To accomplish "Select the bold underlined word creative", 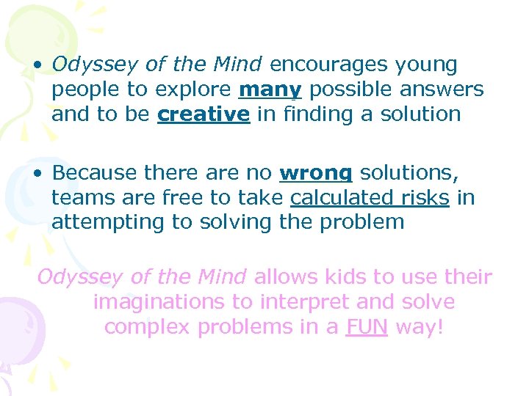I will [203, 115].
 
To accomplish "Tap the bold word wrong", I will [316, 173].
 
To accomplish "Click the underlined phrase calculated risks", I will [370, 198].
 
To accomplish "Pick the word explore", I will [192, 90].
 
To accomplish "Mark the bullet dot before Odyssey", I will [36, 66].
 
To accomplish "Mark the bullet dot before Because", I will [36, 174].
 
